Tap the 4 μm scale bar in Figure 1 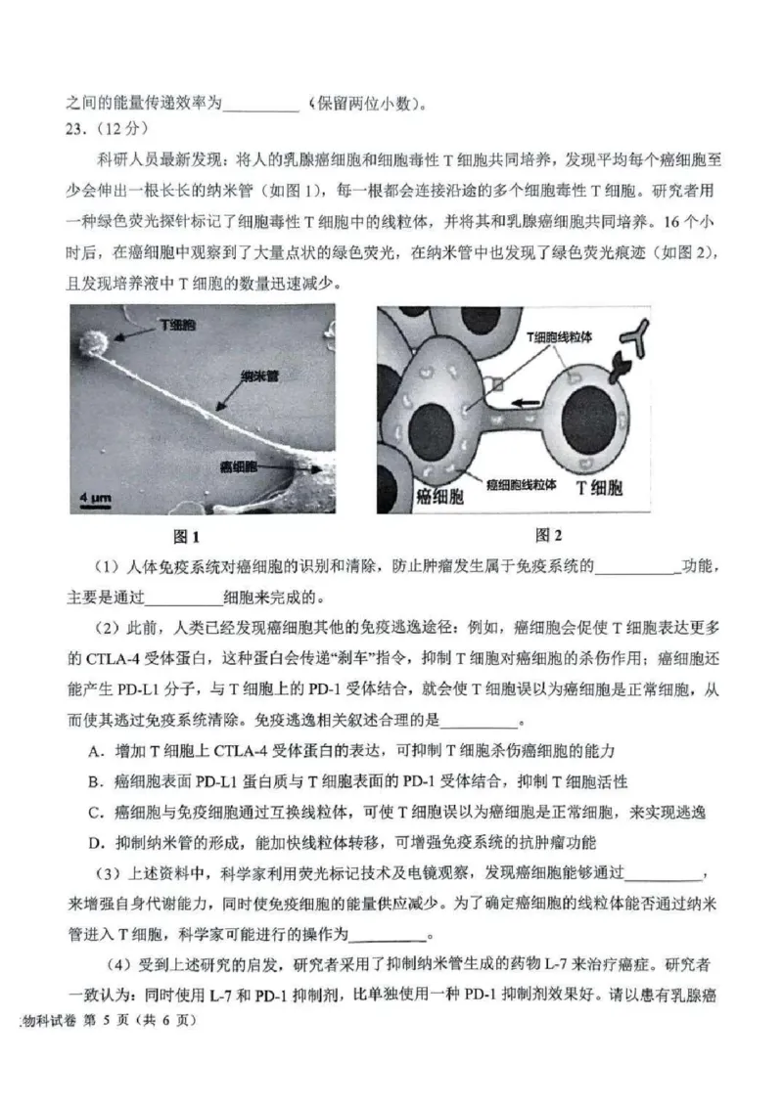[94, 501]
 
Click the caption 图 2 [549, 535]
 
